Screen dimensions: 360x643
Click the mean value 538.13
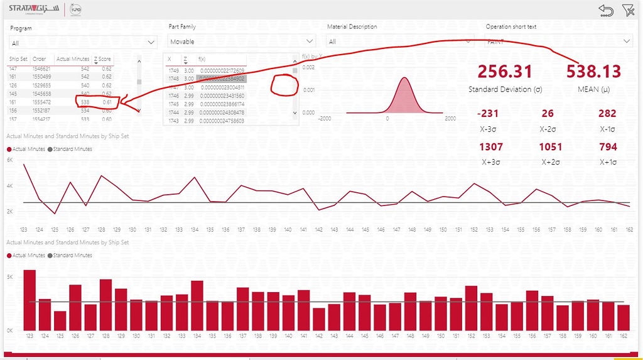[593, 71]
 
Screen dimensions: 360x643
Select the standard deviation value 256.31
[505, 71]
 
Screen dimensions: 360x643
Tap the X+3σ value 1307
[490, 147]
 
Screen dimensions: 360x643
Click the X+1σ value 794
[607, 147]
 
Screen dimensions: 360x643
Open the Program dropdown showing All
[83, 43]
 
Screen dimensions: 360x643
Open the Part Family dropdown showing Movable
[242, 41]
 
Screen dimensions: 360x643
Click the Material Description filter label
[352, 27]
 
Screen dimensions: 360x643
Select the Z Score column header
[103, 59]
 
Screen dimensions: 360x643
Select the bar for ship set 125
[60, 320]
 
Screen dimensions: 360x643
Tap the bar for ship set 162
[623, 317]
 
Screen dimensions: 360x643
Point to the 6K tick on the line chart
[9, 160]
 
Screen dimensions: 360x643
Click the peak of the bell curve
[404, 78]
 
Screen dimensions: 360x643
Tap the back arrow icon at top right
[606, 10]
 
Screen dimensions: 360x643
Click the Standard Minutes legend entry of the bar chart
[72, 256]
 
